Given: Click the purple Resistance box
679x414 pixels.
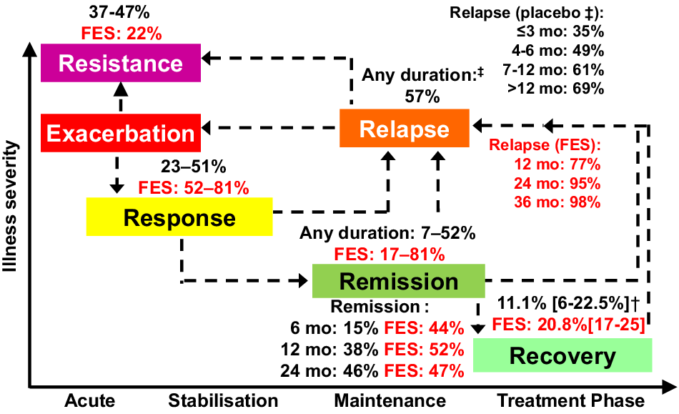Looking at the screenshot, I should [x=121, y=63].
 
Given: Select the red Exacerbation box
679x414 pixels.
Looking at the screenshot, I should [x=121, y=133].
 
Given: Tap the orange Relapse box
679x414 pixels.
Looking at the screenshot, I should [x=404, y=129].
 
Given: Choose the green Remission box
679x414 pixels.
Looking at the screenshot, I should [x=398, y=281].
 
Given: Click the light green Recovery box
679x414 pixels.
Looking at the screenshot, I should [x=562, y=355].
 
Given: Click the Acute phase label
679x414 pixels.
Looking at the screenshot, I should [x=89, y=400].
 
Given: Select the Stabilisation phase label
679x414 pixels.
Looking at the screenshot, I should [x=223, y=400].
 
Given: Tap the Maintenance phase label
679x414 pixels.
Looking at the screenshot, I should [x=390, y=400].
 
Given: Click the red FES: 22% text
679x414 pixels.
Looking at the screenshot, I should [x=121, y=33].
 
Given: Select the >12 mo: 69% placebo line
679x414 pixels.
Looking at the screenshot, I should [x=552, y=89].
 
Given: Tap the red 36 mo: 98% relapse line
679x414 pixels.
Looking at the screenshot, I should [x=557, y=201].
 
